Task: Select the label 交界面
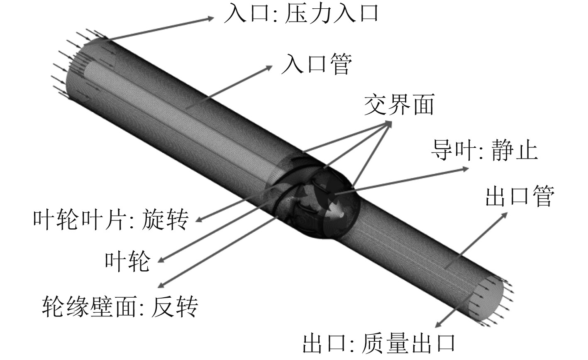pyautogui.click(x=398, y=105)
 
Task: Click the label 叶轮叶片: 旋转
pyautogui.click(x=110, y=219)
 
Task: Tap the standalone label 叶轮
pyautogui.click(x=127, y=262)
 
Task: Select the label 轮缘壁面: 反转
pyautogui.click(x=120, y=307)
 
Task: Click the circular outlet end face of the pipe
pyautogui.click(x=486, y=296)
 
